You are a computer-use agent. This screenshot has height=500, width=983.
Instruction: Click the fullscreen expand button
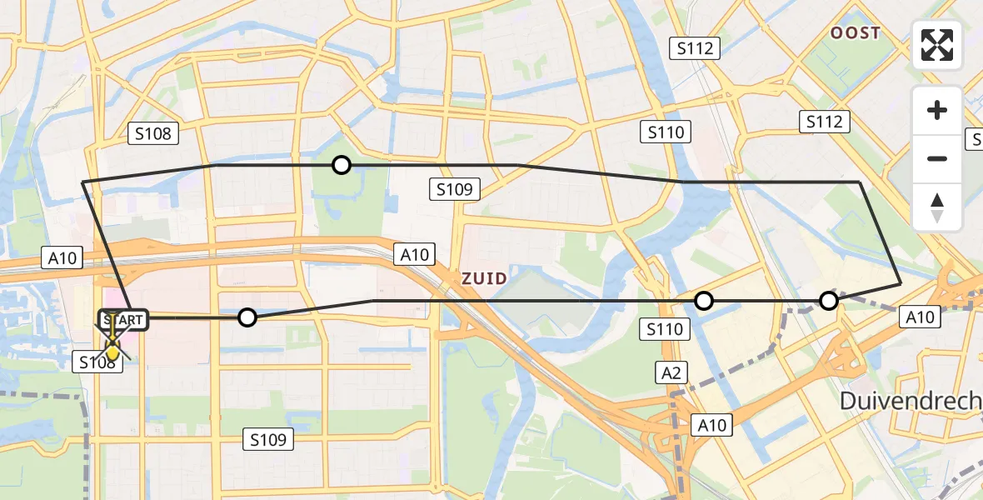937,45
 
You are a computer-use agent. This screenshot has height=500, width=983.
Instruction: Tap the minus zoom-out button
937,158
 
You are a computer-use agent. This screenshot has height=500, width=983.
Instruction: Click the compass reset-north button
937,207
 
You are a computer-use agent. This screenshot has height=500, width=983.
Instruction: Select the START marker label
124,320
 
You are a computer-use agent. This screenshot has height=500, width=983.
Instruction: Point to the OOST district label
855,33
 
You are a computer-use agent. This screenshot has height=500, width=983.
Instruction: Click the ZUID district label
484,278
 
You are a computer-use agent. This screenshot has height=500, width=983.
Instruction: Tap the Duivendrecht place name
911,401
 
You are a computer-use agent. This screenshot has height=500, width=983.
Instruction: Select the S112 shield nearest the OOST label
696,48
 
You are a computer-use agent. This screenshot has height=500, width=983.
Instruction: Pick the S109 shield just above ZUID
455,189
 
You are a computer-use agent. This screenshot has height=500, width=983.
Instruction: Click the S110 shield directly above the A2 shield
665,329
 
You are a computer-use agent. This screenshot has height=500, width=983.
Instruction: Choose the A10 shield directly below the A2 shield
712,425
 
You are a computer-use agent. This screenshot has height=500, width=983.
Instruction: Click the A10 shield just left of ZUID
414,254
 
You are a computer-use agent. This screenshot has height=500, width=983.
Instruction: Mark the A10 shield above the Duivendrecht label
920,316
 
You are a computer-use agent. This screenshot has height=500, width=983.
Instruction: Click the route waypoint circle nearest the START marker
247,317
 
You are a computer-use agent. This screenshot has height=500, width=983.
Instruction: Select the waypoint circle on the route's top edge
341,165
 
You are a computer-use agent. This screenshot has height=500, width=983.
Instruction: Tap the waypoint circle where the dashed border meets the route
828,301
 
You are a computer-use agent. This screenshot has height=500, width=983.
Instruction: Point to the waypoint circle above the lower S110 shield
704,301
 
